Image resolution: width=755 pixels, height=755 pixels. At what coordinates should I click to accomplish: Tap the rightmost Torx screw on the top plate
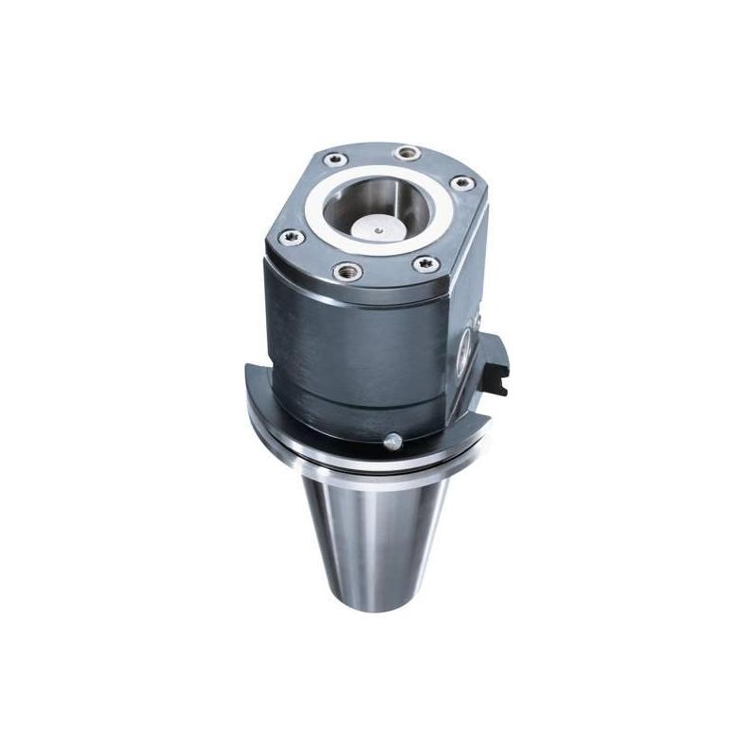(461, 183)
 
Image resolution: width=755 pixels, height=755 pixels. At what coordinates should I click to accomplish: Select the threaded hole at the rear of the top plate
(407, 153)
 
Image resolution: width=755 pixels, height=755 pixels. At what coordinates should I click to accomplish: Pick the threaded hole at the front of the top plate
(349, 272)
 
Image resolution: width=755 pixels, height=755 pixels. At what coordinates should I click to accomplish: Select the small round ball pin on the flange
(390, 439)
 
